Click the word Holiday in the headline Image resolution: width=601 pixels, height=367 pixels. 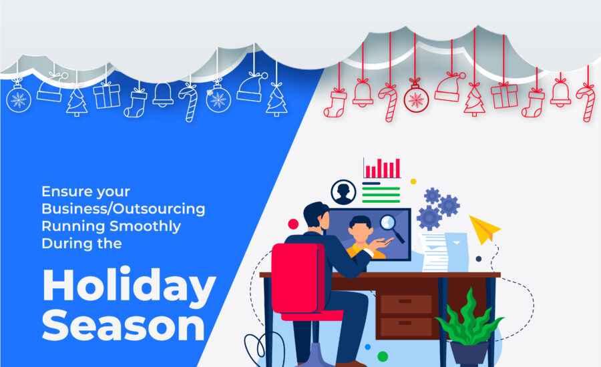tap(129, 286)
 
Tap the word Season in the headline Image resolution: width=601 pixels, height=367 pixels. tap(124, 326)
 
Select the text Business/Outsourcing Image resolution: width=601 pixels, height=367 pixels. tap(123, 209)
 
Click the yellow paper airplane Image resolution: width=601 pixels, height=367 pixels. tap(483, 229)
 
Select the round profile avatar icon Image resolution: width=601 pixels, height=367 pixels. tap(343, 192)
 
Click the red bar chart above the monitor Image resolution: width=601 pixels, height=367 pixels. tap(382, 168)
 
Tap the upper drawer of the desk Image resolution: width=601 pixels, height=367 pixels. tap(406, 304)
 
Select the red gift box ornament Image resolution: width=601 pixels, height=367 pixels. tap(504, 95)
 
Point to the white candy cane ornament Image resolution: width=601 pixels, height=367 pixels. tap(189, 103)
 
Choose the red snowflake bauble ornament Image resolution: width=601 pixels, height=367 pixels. tap(416, 99)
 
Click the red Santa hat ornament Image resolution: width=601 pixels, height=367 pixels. tap(449, 87)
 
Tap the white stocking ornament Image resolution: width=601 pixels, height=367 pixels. tap(135, 103)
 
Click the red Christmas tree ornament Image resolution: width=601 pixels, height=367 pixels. tap(475, 100)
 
